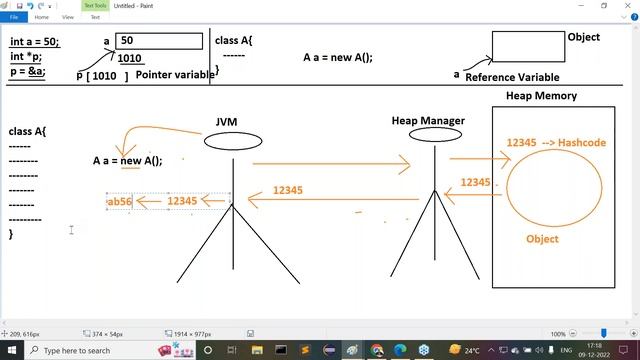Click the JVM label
(x=226, y=122)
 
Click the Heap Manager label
(x=428, y=121)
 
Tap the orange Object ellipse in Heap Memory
(x=554, y=189)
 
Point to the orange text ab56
(x=119, y=201)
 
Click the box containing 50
(x=159, y=41)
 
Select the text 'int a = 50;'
(x=35, y=42)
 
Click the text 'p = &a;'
(x=27, y=72)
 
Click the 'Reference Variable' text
(x=512, y=77)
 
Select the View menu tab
(x=68, y=17)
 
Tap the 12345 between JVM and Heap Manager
(x=288, y=190)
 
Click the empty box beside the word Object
(x=527, y=46)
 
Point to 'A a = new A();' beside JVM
(x=127, y=160)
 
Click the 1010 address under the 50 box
(x=130, y=58)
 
